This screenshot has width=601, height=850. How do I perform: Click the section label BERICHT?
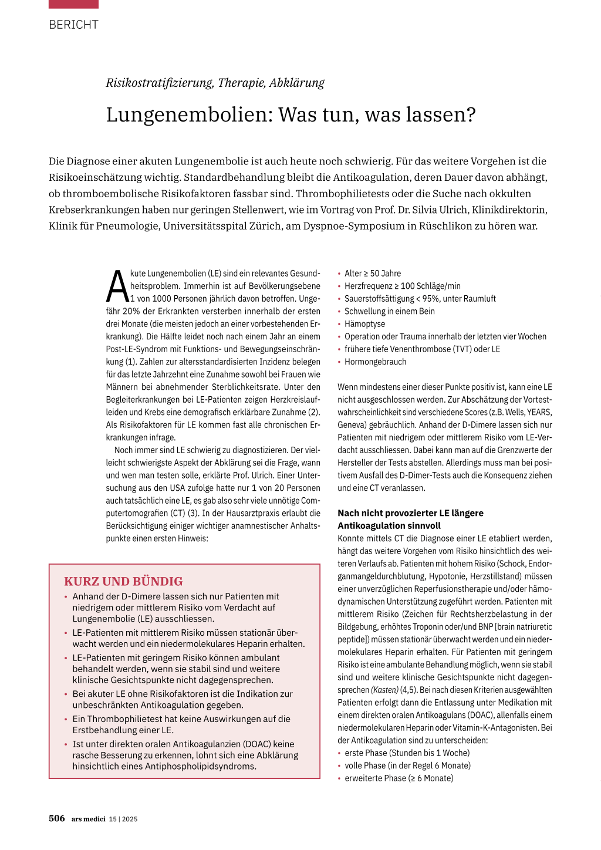73,25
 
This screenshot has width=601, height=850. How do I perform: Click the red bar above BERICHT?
73,4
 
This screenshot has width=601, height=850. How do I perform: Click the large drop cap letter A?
117,286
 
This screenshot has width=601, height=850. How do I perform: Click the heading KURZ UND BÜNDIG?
123,581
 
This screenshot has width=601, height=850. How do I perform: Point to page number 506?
57,818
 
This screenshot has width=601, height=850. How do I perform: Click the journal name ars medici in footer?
89,819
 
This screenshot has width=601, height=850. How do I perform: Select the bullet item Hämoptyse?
364,324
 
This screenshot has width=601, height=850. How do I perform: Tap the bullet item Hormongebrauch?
375,362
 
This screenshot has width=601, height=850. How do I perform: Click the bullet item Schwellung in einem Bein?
389,311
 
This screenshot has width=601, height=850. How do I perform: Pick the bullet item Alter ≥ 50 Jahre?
373,274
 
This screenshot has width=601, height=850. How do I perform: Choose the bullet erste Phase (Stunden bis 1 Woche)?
407,753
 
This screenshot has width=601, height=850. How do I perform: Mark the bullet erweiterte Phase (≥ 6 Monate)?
399,778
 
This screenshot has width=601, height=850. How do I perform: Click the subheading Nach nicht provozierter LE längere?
410,513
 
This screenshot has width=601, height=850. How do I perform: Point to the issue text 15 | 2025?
123,819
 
